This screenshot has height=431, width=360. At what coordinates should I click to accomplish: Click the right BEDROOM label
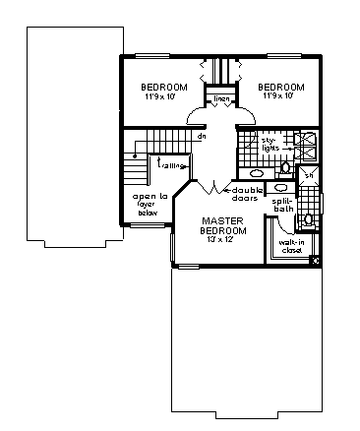pos(281,87)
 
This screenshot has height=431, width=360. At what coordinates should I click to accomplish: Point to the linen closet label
pos(222,98)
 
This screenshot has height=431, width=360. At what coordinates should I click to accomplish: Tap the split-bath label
pos(283,205)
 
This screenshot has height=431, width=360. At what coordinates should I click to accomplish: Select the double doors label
pos(245,193)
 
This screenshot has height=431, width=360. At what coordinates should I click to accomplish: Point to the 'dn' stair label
pos(201,136)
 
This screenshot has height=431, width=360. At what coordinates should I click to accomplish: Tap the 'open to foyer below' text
pos(152,204)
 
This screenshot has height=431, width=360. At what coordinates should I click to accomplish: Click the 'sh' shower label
pos(308,175)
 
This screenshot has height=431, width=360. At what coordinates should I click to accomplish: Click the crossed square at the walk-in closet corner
pos(314,260)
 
